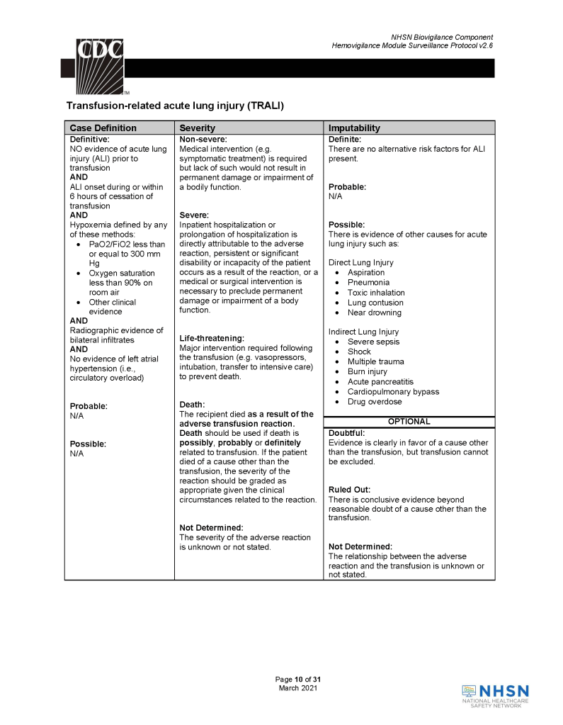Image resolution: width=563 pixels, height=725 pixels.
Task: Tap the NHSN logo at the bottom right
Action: point(495,695)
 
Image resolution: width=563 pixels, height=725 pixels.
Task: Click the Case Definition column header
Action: point(103,128)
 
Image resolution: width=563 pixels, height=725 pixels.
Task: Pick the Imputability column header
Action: point(354,128)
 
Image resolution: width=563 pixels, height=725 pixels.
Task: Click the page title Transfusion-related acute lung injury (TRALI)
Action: point(174,106)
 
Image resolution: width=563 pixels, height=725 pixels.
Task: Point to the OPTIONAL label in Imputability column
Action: point(409,422)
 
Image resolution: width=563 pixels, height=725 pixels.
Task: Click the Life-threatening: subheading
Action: point(212,339)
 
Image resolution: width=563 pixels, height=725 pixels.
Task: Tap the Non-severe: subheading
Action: point(203,140)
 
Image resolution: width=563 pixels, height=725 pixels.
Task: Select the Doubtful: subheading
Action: point(346,433)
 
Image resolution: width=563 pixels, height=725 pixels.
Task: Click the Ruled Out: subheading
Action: point(349,490)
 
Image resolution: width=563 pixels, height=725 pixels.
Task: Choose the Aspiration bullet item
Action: point(366,273)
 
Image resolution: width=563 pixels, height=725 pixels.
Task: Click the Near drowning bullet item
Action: point(374,313)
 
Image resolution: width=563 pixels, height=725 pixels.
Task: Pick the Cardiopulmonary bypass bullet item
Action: point(393,392)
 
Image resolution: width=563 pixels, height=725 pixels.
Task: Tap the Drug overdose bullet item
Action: point(374,402)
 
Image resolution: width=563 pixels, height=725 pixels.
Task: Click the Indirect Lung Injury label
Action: point(363,332)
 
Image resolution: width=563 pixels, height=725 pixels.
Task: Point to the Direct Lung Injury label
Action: point(360,262)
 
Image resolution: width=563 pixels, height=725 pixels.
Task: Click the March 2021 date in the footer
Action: point(298,688)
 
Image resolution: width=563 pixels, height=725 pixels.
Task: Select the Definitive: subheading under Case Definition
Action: point(89,140)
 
